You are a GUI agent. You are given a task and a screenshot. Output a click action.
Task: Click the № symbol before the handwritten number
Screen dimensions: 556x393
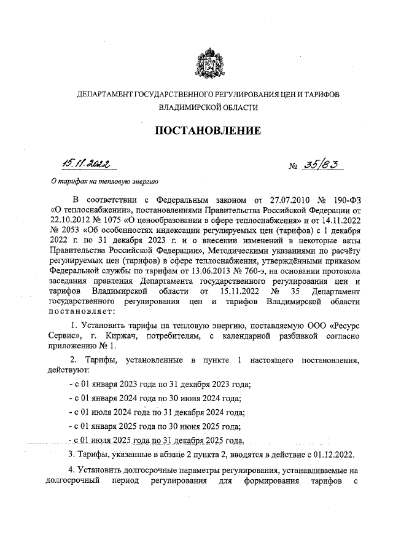click(294, 166)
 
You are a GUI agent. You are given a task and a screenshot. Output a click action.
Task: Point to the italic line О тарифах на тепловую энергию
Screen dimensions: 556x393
click(105, 182)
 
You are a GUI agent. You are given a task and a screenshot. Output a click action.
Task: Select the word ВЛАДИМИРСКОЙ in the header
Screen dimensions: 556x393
click(181, 107)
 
